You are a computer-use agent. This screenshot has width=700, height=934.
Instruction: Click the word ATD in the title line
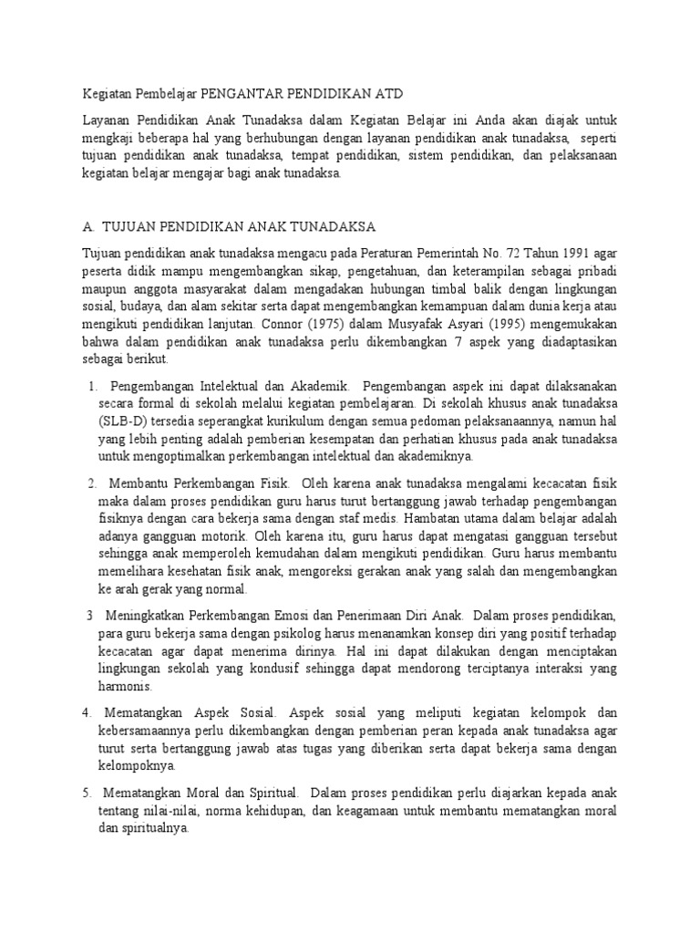point(386,94)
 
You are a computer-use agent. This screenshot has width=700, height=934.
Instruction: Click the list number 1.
point(94,388)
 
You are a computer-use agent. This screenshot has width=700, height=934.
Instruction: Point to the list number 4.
point(87,710)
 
